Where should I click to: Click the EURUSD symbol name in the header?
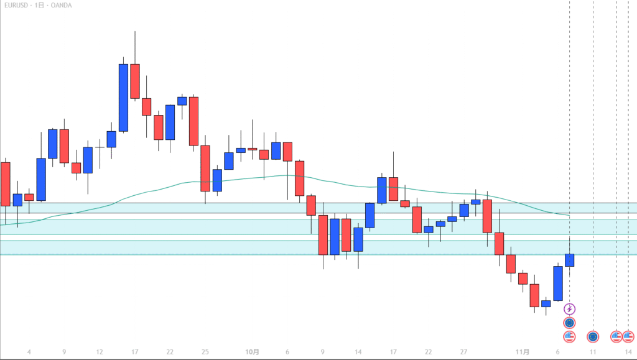(14, 6)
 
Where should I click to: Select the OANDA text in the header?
(61, 6)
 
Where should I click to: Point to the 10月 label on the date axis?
(252, 352)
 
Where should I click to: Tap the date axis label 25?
(205, 352)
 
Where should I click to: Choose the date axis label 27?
(464, 352)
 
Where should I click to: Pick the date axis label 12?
(100, 352)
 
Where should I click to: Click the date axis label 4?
(29, 352)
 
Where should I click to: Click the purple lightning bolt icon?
(569, 309)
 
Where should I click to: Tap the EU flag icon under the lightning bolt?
(569, 323)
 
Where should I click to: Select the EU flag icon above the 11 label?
(593, 336)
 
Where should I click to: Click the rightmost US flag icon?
(628, 336)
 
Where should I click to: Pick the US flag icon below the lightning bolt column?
(569, 336)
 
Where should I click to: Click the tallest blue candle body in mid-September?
(123, 98)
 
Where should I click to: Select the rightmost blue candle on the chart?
(569, 260)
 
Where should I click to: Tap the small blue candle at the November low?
(546, 303)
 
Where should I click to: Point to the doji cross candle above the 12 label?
(100, 147)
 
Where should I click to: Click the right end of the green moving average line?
(569, 215)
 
